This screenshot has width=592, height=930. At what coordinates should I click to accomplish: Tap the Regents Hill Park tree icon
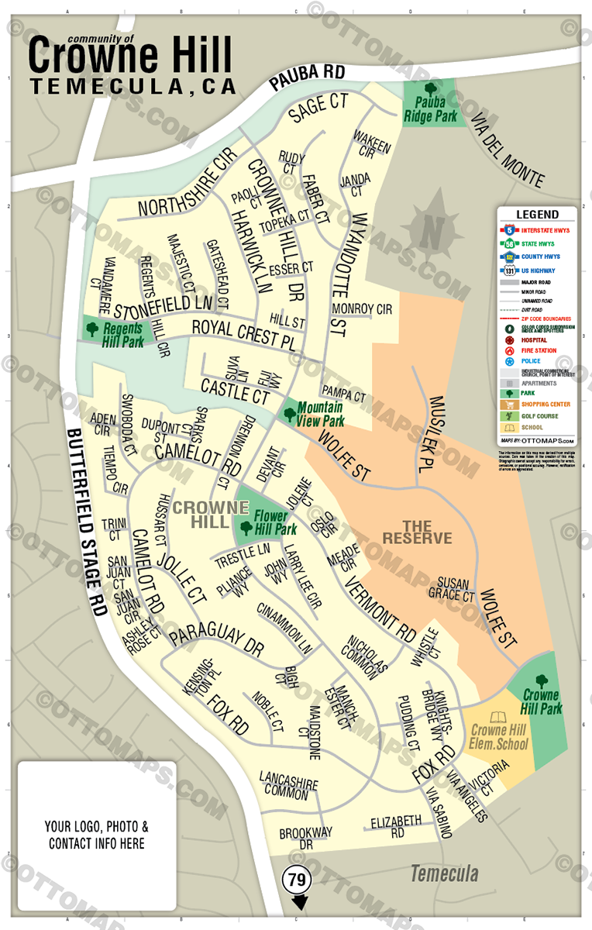(x=93, y=328)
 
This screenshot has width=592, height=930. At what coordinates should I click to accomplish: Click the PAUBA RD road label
(x=306, y=77)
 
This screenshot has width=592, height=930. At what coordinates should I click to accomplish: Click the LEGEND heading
(x=537, y=215)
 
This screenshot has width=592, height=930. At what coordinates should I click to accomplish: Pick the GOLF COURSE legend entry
(x=539, y=416)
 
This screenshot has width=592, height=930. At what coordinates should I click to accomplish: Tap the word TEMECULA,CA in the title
(x=133, y=86)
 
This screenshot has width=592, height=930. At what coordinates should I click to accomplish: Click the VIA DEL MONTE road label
(x=508, y=151)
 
